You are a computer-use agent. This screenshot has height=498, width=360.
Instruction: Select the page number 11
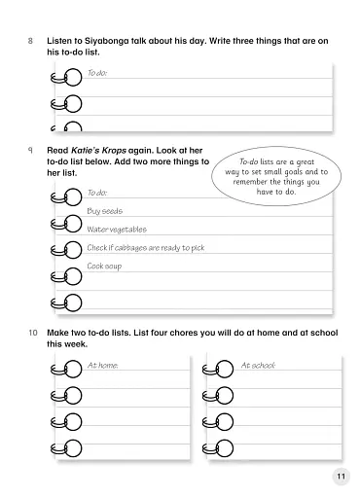click(339, 476)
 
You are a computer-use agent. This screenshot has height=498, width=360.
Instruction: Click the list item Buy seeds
click(104, 211)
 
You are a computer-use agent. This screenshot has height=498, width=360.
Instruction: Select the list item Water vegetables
click(117, 230)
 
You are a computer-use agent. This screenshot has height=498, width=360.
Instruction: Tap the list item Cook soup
click(104, 266)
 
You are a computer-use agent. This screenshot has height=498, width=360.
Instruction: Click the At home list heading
click(102, 366)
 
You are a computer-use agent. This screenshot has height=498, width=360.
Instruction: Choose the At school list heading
click(258, 366)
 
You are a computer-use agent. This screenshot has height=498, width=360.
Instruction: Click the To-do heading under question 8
click(96, 73)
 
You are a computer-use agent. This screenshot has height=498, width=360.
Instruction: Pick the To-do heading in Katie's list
click(96, 194)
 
